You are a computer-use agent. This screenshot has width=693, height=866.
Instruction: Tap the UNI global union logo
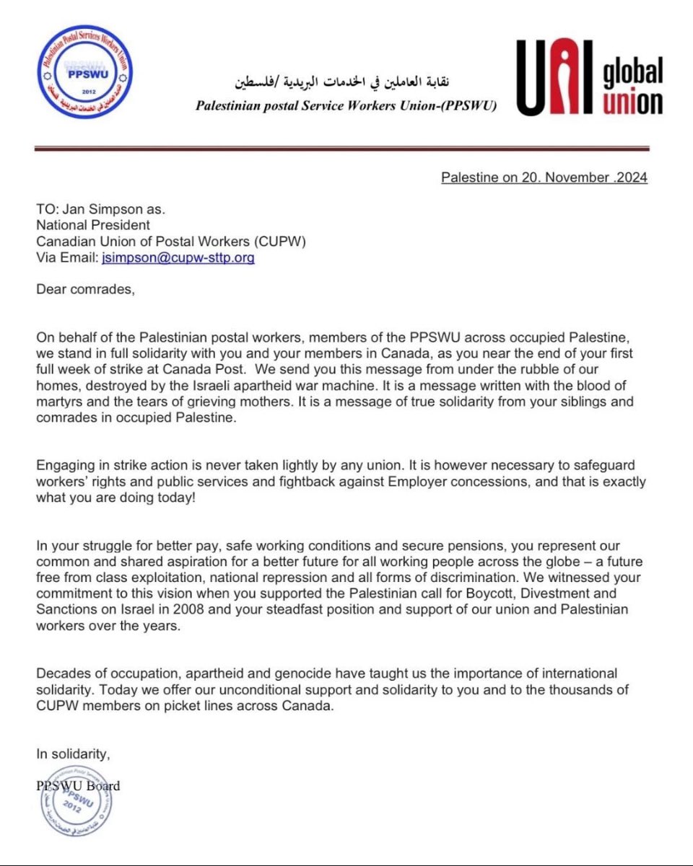pyautogui.click(x=588, y=78)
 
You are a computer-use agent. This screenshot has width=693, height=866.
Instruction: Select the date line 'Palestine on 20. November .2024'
pyautogui.click(x=544, y=177)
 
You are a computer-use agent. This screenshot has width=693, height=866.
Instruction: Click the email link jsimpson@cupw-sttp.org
pyautogui.click(x=178, y=257)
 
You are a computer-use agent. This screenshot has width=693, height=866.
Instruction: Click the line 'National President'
pyautogui.click(x=93, y=225)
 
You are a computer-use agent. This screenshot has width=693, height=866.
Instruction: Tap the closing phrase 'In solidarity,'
pyautogui.click(x=73, y=754)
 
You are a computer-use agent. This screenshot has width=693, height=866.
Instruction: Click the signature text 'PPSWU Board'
pyautogui.click(x=78, y=785)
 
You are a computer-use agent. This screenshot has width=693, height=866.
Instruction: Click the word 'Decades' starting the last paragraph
pyautogui.click(x=61, y=673)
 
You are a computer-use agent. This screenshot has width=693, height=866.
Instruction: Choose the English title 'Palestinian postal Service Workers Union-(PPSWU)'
pyautogui.click(x=346, y=105)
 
